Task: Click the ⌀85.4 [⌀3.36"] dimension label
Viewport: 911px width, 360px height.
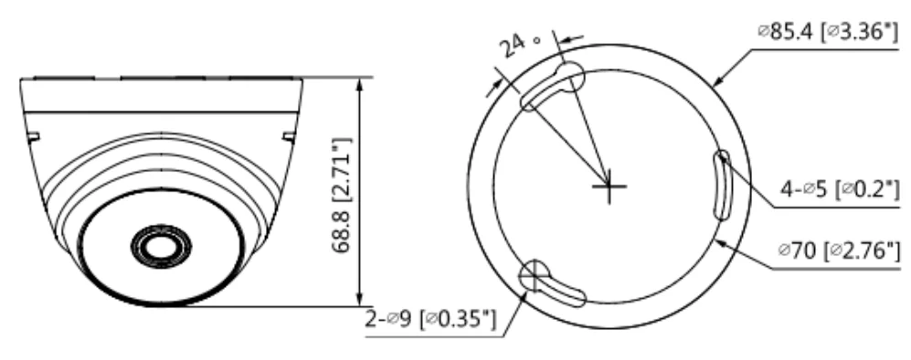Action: [828, 32]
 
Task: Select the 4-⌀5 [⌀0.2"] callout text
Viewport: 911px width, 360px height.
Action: [839, 189]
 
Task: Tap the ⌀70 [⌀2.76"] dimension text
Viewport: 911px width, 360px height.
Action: [839, 251]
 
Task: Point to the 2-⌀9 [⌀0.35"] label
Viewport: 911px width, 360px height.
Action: [430, 319]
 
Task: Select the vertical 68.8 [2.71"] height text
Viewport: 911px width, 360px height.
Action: [342, 196]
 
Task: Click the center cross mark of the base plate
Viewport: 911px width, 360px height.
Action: [609, 186]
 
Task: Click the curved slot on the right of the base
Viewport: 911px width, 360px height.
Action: [722, 185]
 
